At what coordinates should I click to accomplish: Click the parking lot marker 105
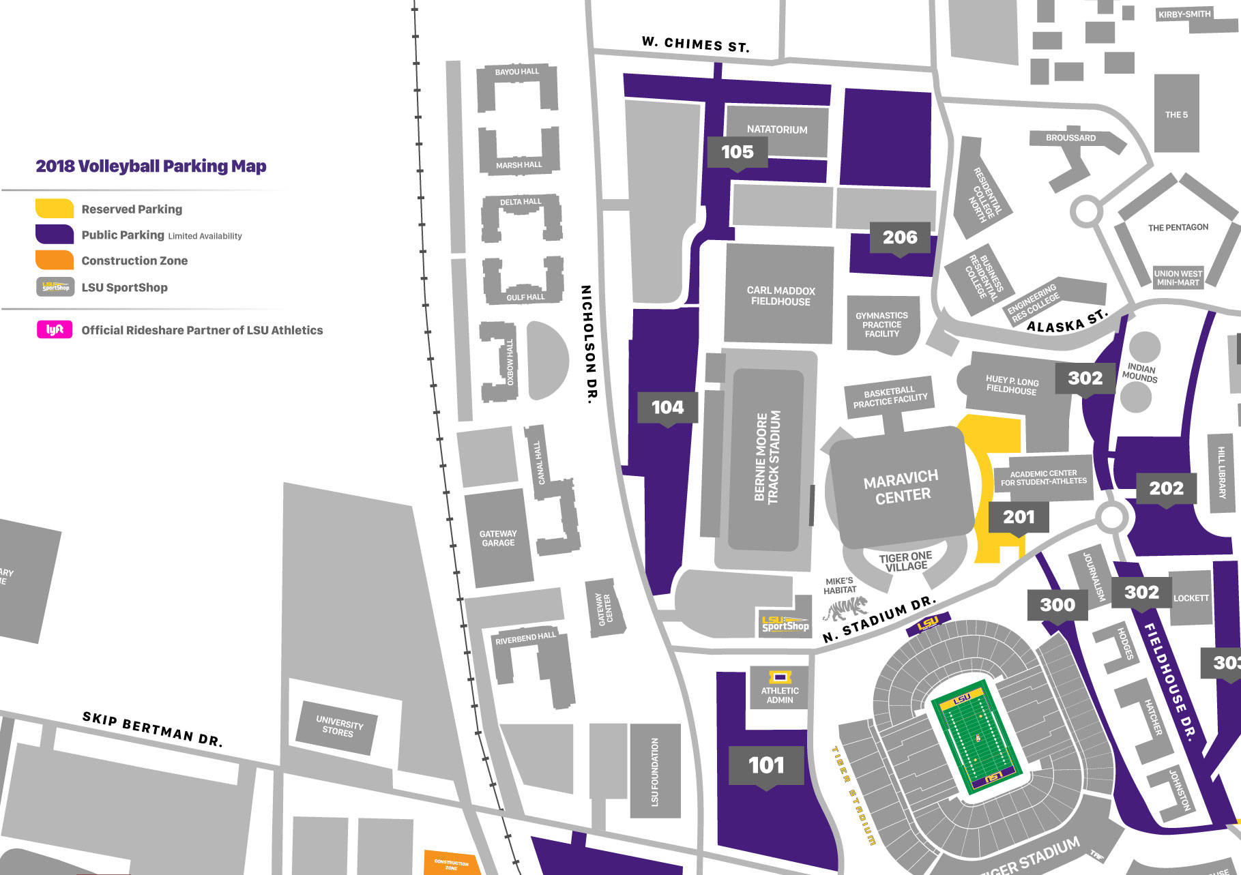[x=737, y=151]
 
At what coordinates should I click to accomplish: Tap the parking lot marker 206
[x=900, y=237]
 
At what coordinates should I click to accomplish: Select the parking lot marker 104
[x=667, y=407]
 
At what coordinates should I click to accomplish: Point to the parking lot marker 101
[x=766, y=765]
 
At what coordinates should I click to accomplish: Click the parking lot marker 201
[x=1018, y=517]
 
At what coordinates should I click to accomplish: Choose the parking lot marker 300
[x=1057, y=604]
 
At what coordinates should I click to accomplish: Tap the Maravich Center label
[x=901, y=486]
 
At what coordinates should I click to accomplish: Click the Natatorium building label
[x=776, y=130]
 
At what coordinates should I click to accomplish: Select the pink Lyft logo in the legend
[x=55, y=329]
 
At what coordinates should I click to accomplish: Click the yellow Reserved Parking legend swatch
[x=55, y=209]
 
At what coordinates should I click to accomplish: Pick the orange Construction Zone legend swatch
[x=55, y=260]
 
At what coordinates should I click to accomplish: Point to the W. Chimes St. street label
[x=695, y=44]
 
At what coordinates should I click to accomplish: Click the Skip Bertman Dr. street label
[x=152, y=729]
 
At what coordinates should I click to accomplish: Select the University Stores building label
[x=338, y=727]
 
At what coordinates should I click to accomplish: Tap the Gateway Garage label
[x=498, y=538]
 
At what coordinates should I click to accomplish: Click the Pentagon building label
[x=1178, y=227]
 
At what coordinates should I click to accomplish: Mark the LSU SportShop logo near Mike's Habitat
[x=785, y=623]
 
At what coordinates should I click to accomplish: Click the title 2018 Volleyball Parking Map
[x=151, y=166]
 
